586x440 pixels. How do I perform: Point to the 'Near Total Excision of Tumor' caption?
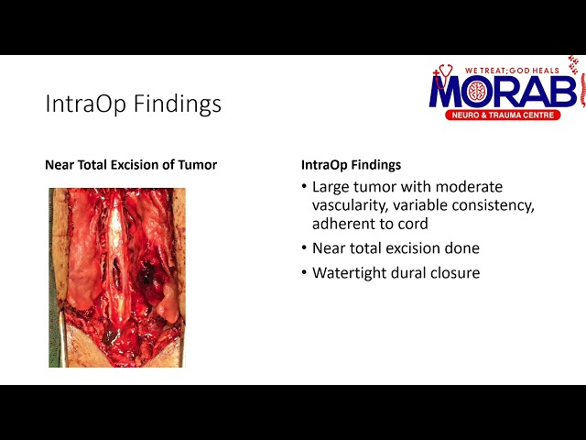coord(131,166)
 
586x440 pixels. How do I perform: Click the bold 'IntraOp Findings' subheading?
coord(351,166)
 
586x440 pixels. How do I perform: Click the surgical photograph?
coord(117,277)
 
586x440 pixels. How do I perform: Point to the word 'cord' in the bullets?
coord(411,224)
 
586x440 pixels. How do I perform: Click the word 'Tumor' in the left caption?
coord(199,166)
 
